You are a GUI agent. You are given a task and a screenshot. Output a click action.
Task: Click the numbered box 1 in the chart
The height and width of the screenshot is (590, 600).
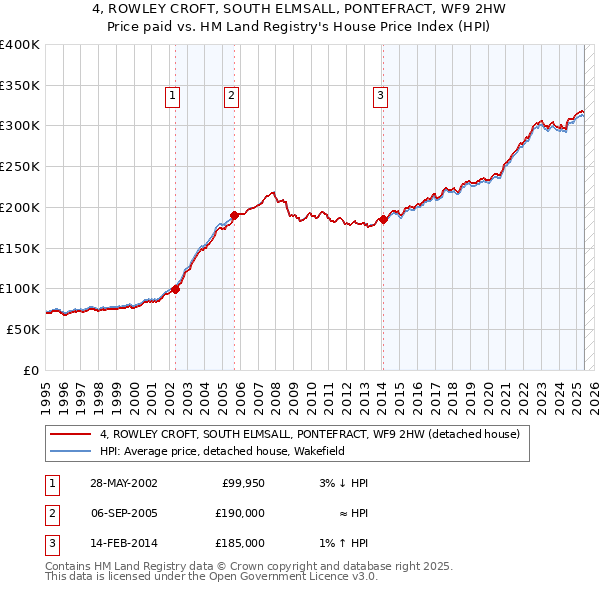173,96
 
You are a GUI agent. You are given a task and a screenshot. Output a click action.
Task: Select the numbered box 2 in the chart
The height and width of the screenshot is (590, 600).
231,96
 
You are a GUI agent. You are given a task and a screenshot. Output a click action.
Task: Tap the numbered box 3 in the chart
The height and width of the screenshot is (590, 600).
381,96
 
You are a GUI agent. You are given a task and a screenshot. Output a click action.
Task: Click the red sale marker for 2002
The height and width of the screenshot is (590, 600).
175,289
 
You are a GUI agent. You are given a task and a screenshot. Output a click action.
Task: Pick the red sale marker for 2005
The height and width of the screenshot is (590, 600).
234,215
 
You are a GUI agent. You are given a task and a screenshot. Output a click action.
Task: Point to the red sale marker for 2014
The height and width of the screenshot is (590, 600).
383,219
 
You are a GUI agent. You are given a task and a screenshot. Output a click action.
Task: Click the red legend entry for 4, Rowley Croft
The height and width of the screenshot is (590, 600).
309,435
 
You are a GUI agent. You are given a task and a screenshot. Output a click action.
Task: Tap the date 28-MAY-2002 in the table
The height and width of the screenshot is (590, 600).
123,483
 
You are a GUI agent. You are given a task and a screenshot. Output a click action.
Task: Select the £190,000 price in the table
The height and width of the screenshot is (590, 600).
240,513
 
